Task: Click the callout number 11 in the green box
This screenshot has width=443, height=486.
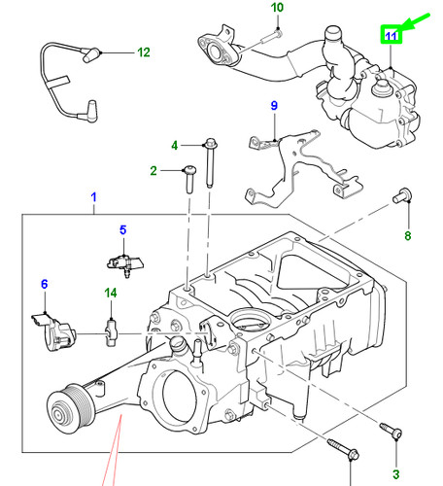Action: tap(390, 36)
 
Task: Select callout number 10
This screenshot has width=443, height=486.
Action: tap(277, 9)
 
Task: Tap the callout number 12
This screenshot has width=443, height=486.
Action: tap(144, 51)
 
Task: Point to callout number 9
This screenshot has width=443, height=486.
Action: tap(274, 105)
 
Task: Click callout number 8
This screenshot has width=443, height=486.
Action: tap(408, 235)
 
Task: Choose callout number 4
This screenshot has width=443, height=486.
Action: tap(176, 146)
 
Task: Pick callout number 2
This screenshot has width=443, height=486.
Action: tap(153, 172)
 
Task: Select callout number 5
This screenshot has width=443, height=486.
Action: tap(123, 229)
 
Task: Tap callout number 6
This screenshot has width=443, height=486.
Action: tap(44, 284)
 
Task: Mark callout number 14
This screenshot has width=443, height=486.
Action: tap(110, 292)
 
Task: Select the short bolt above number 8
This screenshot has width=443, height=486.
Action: tap(400, 197)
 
